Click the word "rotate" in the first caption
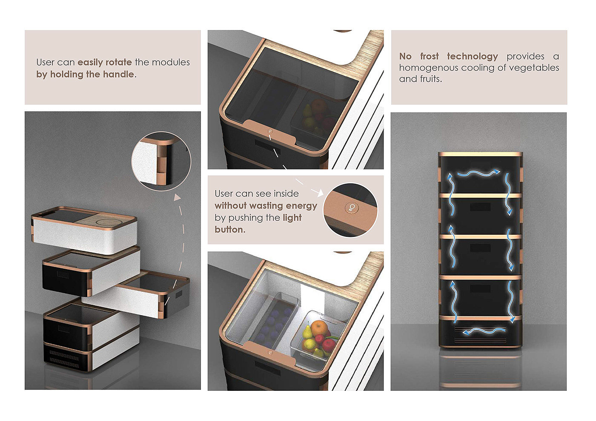coord(118,63)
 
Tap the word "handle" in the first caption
coord(118,74)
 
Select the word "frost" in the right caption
coord(430,56)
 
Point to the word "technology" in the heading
coord(473,57)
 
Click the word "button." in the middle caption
coord(230,230)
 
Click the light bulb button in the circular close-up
coord(351,208)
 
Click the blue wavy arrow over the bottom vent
coord(484,331)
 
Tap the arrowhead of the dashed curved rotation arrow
coord(177,197)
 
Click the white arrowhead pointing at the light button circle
coord(320,192)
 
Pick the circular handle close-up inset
coord(161,161)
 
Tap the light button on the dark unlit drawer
coord(270,131)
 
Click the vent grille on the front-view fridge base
coord(480,335)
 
